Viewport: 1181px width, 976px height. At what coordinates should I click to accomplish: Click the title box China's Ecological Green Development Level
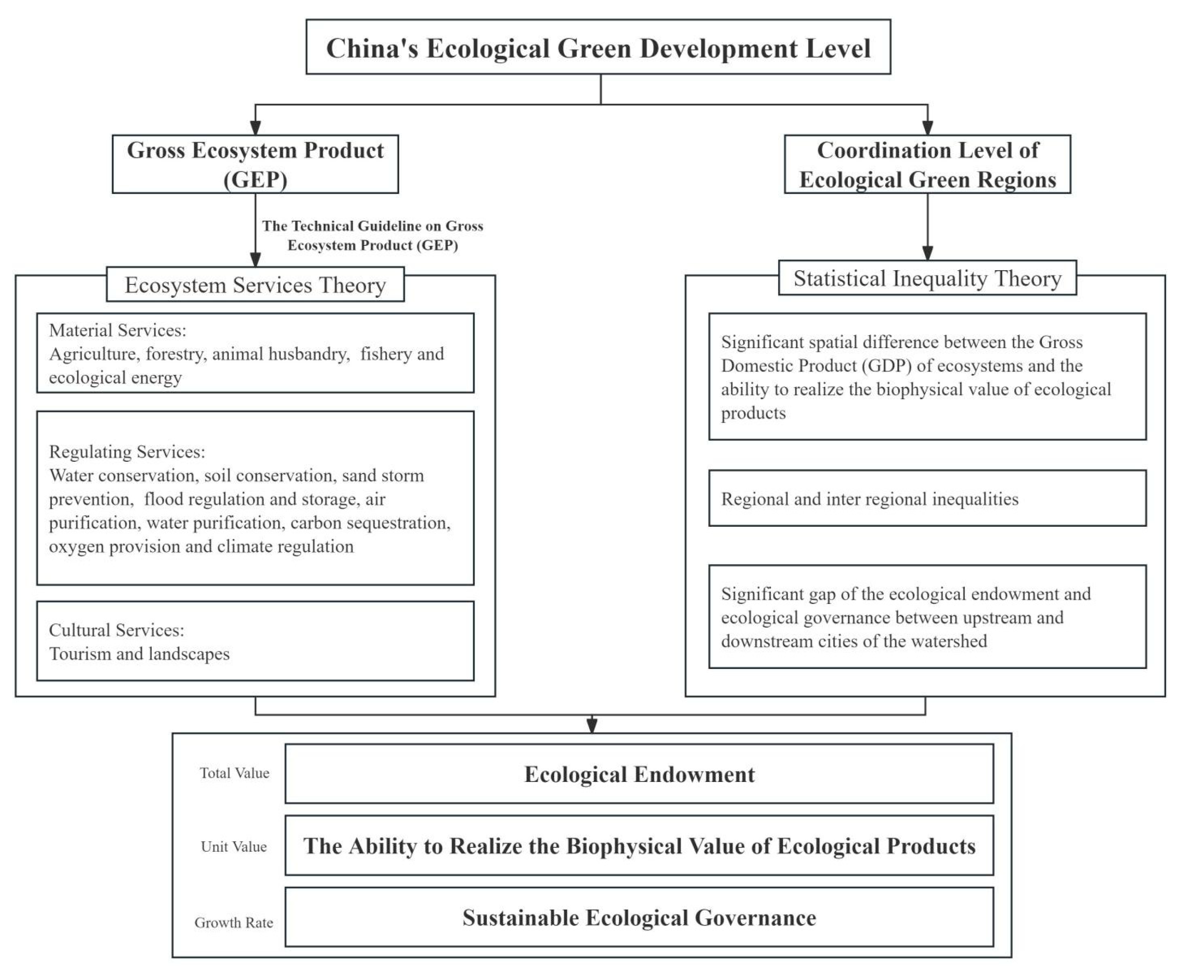click(x=598, y=47)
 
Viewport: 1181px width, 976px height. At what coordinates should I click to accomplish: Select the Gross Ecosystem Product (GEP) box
click(x=255, y=164)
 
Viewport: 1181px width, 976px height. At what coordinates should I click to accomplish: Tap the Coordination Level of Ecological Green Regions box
click(x=927, y=164)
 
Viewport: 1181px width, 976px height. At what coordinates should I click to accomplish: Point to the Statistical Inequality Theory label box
click(x=927, y=278)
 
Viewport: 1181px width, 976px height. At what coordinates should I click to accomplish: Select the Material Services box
click(x=255, y=353)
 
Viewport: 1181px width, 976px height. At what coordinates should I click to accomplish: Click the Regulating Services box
click(x=255, y=498)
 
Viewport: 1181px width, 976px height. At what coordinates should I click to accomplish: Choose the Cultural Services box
click(x=255, y=641)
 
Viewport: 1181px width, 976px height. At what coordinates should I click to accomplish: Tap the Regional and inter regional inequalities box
click(x=927, y=499)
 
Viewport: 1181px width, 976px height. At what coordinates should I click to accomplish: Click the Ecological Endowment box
click(x=639, y=774)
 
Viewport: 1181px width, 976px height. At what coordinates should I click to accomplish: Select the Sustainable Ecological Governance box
click(x=639, y=917)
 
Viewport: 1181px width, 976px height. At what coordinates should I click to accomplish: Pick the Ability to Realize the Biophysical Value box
click(x=639, y=846)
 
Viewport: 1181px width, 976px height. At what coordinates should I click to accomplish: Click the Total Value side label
click(x=234, y=773)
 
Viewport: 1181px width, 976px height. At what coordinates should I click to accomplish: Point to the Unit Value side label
click(x=234, y=846)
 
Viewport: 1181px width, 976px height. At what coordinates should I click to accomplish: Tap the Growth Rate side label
click(x=234, y=923)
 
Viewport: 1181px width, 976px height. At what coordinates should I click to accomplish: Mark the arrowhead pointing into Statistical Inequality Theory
click(x=927, y=253)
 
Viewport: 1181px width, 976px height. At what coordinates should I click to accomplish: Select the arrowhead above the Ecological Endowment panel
click(x=591, y=725)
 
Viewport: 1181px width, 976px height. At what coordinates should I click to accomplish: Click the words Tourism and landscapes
click(x=139, y=654)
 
